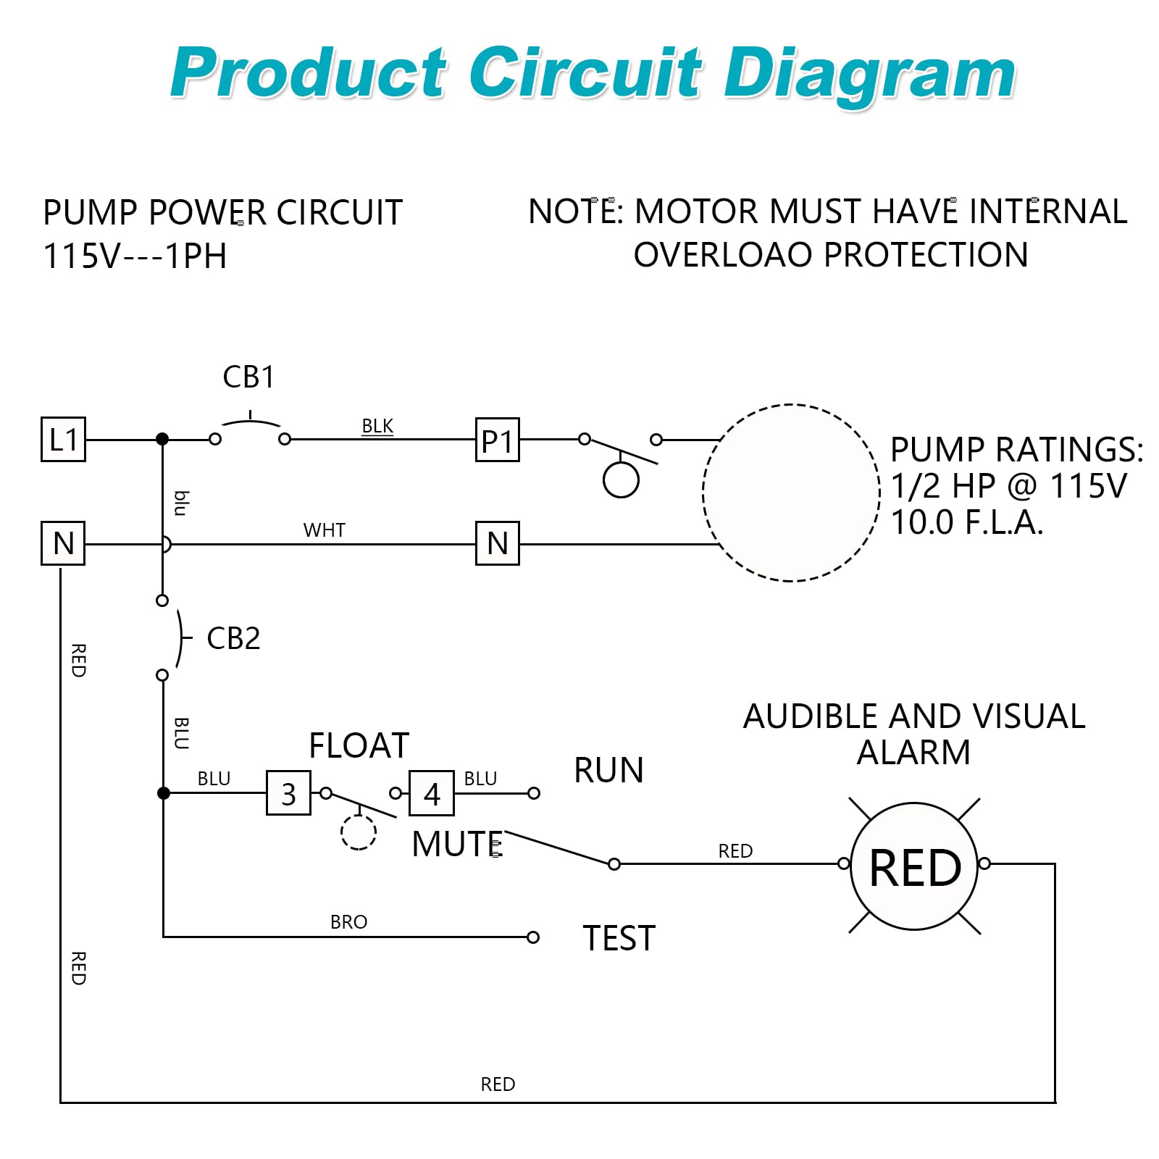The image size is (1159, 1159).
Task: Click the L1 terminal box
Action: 63,439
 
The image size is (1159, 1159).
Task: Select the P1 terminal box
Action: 497,440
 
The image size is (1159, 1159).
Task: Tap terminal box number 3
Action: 288,793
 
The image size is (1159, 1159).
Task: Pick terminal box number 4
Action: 432,793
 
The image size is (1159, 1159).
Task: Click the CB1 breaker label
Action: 248,377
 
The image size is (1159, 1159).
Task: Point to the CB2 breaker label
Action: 233,638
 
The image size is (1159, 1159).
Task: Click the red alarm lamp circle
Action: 914,866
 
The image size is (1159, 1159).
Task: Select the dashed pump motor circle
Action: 791,493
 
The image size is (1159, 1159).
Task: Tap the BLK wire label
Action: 377,426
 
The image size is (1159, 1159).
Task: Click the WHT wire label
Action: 324,530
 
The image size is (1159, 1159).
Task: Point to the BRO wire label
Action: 348,922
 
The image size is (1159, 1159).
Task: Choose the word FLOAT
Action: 359,745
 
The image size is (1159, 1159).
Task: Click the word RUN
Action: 608,770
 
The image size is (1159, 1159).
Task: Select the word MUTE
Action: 456,844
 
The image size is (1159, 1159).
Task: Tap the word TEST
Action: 619,939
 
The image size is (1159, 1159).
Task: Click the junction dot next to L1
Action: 162,439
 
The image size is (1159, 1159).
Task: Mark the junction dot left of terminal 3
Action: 164,793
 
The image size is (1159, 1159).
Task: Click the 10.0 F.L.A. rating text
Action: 967,522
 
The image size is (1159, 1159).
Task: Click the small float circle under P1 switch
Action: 621,480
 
